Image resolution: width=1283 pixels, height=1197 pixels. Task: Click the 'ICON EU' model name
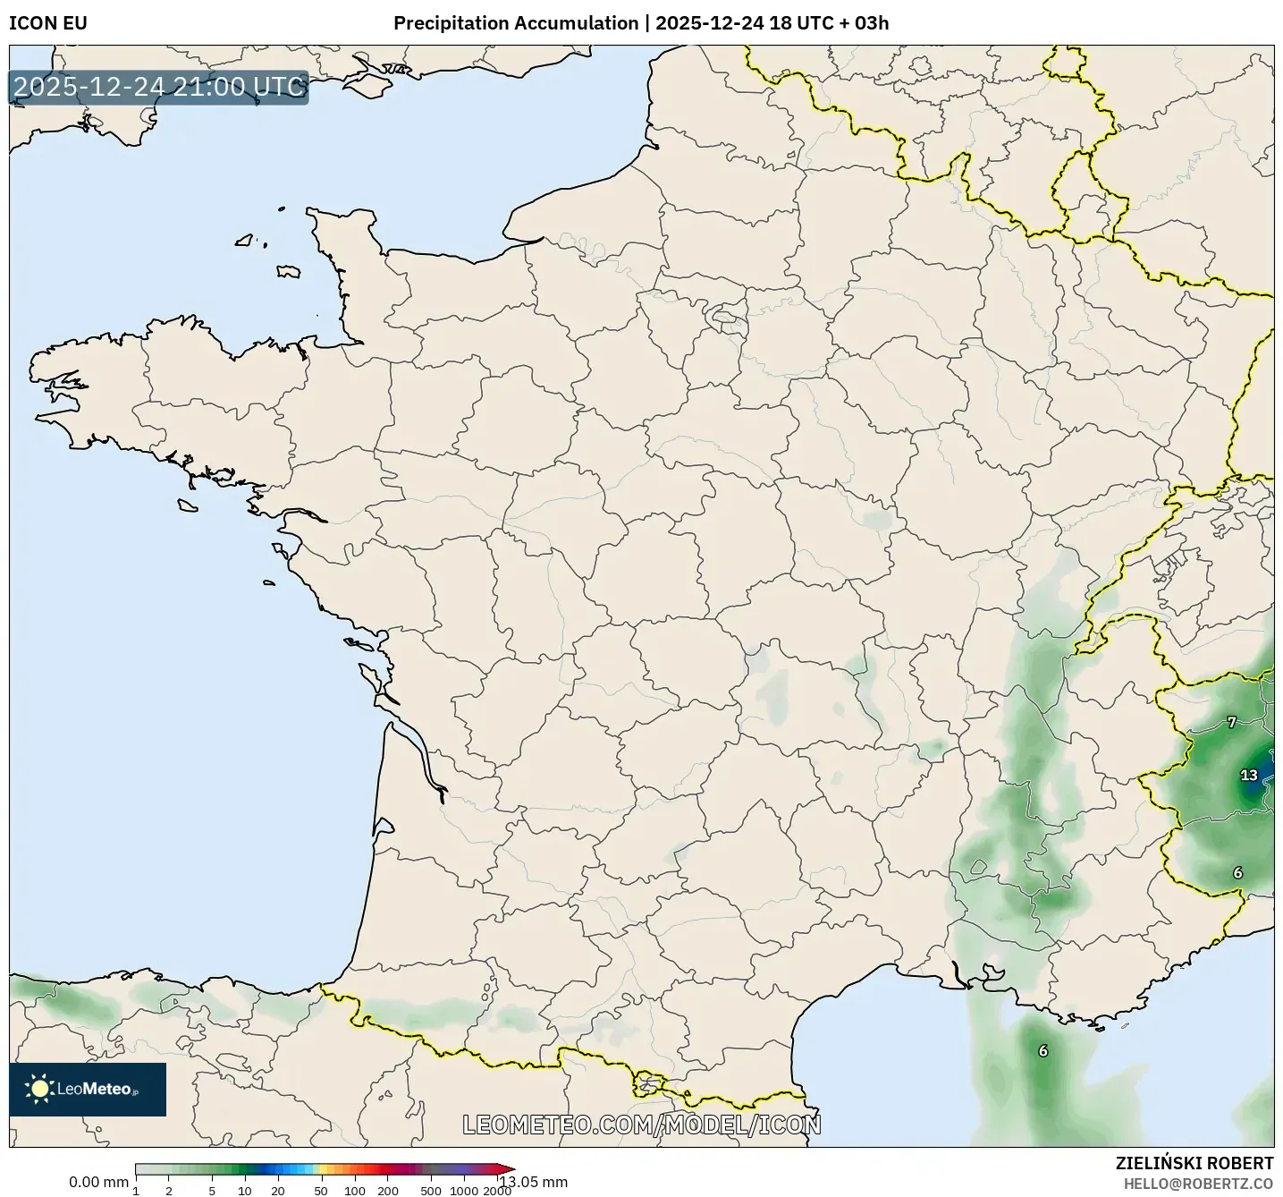point(48,23)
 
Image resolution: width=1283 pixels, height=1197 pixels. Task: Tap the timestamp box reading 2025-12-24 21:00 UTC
point(159,88)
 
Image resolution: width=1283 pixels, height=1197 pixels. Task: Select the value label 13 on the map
point(1249,776)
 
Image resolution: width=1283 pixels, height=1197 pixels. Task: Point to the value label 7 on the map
point(1232,723)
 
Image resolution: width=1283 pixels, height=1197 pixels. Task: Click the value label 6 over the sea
point(1042,1051)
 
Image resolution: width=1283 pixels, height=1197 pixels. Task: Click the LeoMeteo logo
point(88,1090)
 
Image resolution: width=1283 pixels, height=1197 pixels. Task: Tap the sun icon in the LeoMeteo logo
point(39,1089)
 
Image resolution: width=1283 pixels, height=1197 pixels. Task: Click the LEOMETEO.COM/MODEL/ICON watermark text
point(641,1125)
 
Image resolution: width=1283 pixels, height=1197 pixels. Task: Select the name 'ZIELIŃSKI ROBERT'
point(1194,1164)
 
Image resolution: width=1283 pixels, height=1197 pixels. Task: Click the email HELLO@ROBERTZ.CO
point(1198,1184)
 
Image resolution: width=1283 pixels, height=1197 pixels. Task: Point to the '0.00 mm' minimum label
point(98,1183)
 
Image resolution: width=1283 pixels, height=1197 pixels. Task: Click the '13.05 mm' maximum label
point(534,1183)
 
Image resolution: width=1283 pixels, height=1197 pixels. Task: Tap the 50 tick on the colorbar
point(321,1191)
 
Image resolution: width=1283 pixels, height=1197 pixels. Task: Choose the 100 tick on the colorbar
point(355,1191)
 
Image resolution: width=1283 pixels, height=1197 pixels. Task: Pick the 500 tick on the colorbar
point(431,1191)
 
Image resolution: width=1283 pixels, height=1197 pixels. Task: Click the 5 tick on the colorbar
point(212,1191)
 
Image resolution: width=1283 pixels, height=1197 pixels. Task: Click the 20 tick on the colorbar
point(278,1191)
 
